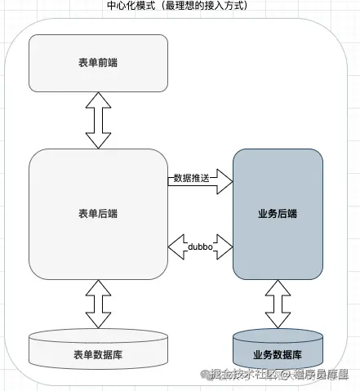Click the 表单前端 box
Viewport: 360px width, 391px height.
point(98,64)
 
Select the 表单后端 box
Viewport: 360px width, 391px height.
point(98,214)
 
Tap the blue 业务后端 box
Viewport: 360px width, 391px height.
point(277,214)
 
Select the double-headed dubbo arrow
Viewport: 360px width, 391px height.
point(201,244)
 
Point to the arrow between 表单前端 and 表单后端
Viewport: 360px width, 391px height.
point(98,120)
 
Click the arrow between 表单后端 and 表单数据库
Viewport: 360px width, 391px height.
point(98,303)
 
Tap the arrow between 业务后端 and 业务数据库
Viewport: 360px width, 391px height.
point(277,303)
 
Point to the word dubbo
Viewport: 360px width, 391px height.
point(201,245)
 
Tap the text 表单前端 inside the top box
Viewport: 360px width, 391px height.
point(98,64)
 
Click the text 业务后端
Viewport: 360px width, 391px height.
point(277,214)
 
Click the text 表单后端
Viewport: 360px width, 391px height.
point(98,214)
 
